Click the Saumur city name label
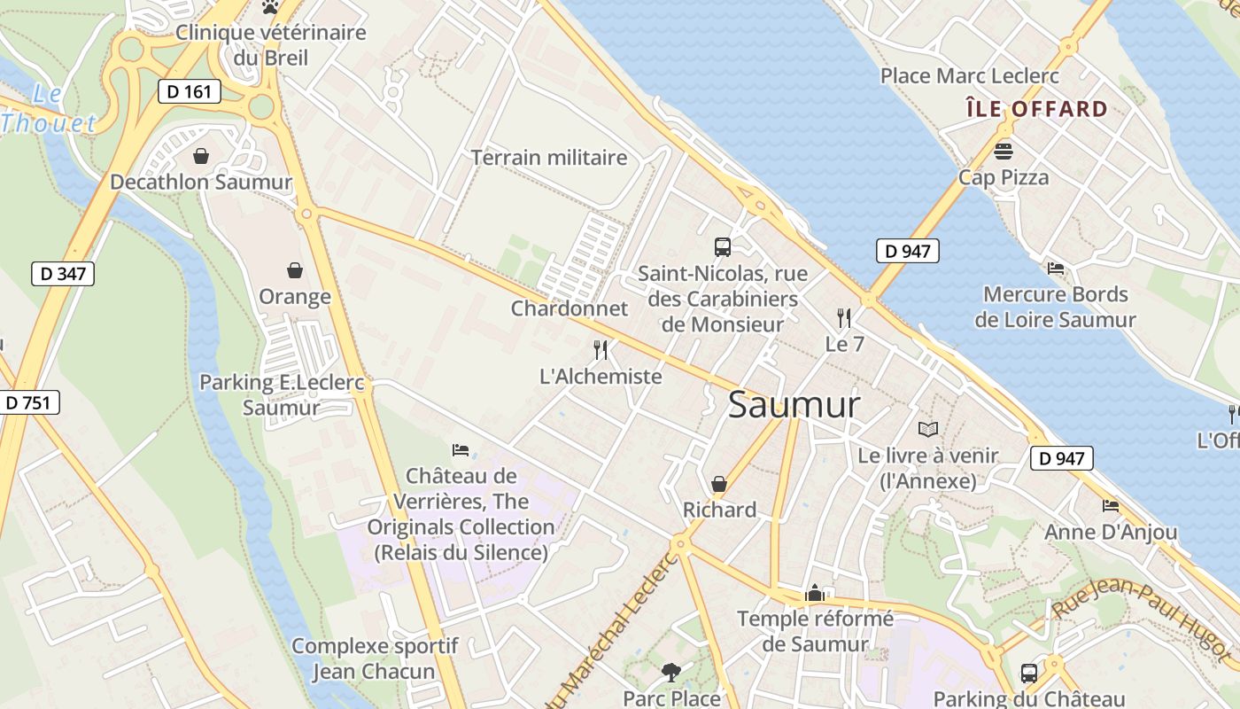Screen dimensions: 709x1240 tap(794, 405)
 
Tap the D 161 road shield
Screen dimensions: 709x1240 tap(190, 90)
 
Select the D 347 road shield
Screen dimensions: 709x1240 tap(63, 273)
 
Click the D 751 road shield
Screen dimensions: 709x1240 tap(28, 402)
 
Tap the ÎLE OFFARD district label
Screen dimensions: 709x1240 tap(1036, 109)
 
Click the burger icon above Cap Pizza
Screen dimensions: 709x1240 tap(1004, 151)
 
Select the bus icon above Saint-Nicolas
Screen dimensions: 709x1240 tap(723, 247)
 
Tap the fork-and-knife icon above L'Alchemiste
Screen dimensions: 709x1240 tap(601, 350)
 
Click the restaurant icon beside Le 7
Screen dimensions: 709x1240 tap(843, 317)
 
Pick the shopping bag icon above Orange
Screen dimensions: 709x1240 tap(295, 269)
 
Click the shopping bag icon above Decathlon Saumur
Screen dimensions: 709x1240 tap(201, 156)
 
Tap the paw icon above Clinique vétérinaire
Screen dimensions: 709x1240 tap(270, 7)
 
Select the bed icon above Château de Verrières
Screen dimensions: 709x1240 tap(461, 450)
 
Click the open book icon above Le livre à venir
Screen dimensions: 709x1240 tap(927, 430)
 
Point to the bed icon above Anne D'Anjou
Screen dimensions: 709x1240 tap(1111, 506)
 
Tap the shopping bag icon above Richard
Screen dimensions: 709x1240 tap(719, 484)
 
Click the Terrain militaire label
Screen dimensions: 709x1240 tap(549, 158)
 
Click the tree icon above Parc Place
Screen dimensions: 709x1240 tap(671, 673)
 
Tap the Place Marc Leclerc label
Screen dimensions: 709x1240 tap(970, 76)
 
